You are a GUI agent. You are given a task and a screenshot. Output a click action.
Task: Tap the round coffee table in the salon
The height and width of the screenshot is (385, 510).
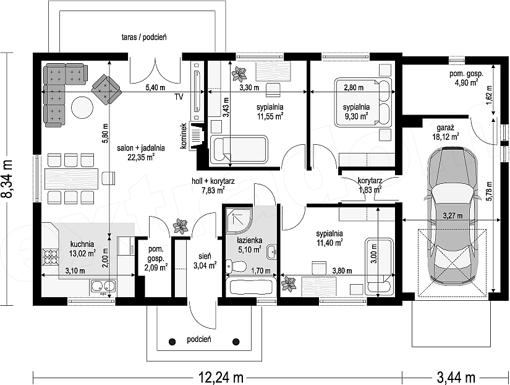[x=82, y=108]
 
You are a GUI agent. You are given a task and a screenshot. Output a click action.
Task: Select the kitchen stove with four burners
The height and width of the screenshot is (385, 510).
[x=51, y=256]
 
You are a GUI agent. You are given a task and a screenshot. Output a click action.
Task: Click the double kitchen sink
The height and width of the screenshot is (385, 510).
[x=103, y=286]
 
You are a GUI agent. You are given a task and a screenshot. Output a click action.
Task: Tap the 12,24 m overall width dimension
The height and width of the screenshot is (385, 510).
[x=221, y=378]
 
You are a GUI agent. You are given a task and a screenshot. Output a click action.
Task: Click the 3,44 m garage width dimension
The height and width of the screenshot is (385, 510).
[x=456, y=378]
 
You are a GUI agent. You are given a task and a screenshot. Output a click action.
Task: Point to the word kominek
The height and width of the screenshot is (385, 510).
[x=184, y=136]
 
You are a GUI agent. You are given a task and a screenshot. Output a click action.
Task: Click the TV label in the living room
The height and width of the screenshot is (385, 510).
[x=179, y=97]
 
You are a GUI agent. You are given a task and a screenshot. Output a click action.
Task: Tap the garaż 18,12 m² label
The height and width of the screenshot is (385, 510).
[x=445, y=132]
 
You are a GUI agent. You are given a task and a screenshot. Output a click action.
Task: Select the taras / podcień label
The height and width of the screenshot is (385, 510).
[x=144, y=37]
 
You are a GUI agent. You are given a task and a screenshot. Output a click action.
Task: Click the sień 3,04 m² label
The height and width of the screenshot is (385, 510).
[x=205, y=261]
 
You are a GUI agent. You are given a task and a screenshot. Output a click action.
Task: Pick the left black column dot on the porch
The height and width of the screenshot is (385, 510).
[x=172, y=341]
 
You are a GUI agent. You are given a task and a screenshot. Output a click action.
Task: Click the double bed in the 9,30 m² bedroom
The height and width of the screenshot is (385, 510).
[x=363, y=102]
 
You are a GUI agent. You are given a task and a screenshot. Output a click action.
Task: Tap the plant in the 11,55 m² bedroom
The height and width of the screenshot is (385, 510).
[x=239, y=74]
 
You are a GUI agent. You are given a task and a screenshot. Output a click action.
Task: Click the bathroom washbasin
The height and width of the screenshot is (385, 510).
[x=272, y=251]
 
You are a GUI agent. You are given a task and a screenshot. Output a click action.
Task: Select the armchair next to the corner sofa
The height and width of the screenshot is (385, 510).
[x=106, y=90]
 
